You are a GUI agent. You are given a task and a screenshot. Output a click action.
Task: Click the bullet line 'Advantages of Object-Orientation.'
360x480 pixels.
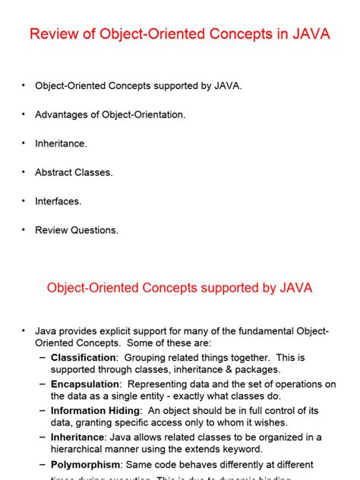110,115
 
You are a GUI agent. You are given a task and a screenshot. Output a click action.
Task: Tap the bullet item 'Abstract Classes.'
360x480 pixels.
74,172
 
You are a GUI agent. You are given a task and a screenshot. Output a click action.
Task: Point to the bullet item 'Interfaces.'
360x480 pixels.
58,201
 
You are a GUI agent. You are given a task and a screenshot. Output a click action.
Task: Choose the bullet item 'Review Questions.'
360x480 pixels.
77,230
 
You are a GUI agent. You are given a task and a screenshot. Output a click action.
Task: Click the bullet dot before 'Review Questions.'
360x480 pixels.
24,230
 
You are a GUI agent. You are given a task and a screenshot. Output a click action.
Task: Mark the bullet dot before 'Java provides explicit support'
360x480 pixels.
24,331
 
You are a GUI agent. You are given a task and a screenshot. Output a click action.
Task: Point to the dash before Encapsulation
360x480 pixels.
43,384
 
